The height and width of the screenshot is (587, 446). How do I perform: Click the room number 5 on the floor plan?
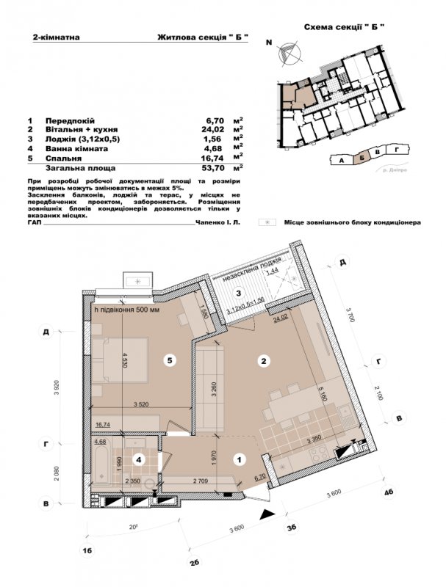coord(169,360)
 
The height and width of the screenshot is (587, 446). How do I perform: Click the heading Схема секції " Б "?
coord(345,26)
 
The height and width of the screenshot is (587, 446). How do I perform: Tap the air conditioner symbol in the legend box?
coord(269,221)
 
